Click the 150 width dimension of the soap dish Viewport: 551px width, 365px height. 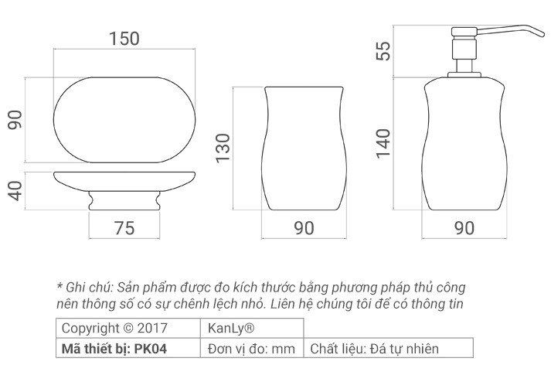(x=124, y=39)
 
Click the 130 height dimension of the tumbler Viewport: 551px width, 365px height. (x=223, y=145)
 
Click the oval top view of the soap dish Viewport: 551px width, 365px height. (x=124, y=120)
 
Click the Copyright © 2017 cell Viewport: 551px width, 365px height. (x=113, y=328)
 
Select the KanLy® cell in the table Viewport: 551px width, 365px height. (x=226, y=328)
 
